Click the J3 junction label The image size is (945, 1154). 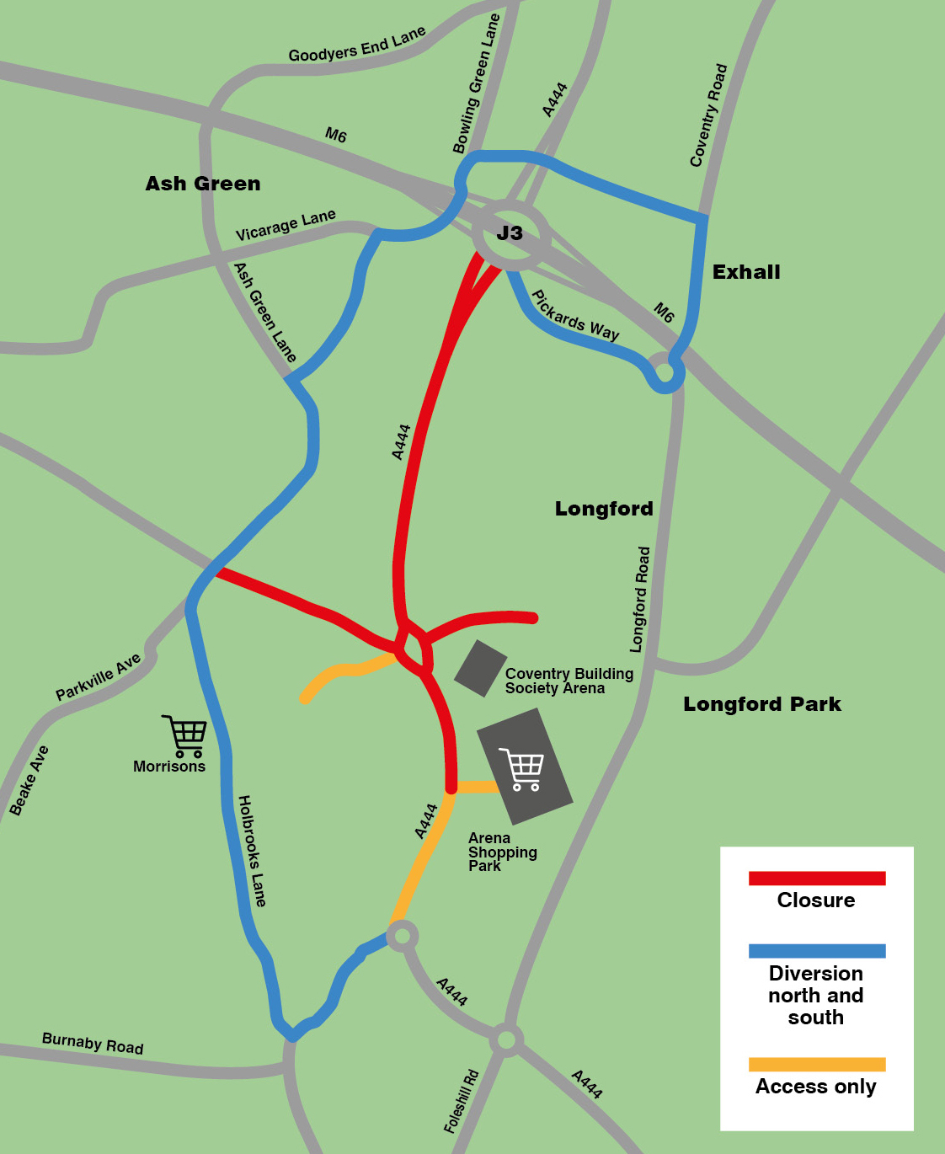(x=510, y=233)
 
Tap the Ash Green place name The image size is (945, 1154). (x=203, y=184)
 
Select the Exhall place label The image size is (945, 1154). (x=746, y=272)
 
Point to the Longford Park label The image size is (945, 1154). (x=762, y=704)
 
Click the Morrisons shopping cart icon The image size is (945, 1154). (x=185, y=736)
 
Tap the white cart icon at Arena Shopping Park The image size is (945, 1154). (x=522, y=769)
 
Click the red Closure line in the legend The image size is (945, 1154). (x=817, y=879)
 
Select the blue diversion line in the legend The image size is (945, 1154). (x=817, y=951)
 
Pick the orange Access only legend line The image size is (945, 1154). (x=817, y=1064)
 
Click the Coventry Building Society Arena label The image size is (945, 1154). (x=569, y=681)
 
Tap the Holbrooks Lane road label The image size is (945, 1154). (x=252, y=851)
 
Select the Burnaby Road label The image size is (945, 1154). (x=93, y=1044)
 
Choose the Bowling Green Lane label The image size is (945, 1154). (x=477, y=84)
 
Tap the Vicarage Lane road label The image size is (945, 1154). (x=286, y=225)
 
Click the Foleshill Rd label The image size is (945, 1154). (x=461, y=1101)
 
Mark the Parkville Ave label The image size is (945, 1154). (x=99, y=677)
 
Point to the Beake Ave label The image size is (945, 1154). (x=29, y=781)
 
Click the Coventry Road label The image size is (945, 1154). (x=708, y=115)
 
